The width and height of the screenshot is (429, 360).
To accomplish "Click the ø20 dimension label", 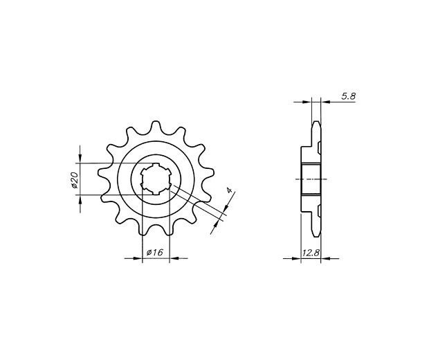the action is (75, 180).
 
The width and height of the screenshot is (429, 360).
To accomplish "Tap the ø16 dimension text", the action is (155, 252).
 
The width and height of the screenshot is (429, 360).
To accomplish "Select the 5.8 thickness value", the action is (348, 96).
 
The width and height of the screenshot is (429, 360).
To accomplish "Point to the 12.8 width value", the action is (311, 253).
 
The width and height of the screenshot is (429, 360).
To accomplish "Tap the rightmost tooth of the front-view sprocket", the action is (208, 173).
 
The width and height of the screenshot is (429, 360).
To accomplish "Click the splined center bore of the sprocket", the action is (156, 179).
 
